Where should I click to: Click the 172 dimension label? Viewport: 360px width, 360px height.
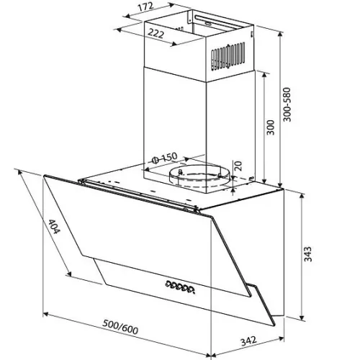(x=145, y=6)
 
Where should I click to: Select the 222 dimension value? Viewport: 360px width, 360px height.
(x=156, y=33)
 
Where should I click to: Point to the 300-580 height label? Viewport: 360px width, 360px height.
(x=287, y=104)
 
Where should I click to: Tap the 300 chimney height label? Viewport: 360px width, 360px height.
(x=271, y=127)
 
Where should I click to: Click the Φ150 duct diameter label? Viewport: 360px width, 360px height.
(x=165, y=158)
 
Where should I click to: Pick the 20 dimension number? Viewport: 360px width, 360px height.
(x=238, y=166)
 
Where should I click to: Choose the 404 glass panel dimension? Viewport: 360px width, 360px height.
(x=53, y=227)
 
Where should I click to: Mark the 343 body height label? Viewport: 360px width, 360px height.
(x=307, y=254)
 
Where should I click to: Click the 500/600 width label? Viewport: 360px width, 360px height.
(x=120, y=327)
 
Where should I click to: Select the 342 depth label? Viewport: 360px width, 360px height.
(x=248, y=341)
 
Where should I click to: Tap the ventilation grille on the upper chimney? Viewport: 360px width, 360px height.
(x=228, y=57)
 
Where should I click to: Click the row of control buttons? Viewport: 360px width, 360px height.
(x=180, y=287)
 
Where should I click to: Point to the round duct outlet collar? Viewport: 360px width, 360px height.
(x=199, y=176)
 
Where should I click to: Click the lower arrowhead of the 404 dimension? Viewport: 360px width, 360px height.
(x=69, y=274)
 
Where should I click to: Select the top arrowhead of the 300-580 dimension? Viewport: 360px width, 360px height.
(x=280, y=35)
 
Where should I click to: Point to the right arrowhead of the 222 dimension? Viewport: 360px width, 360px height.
(x=174, y=44)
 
